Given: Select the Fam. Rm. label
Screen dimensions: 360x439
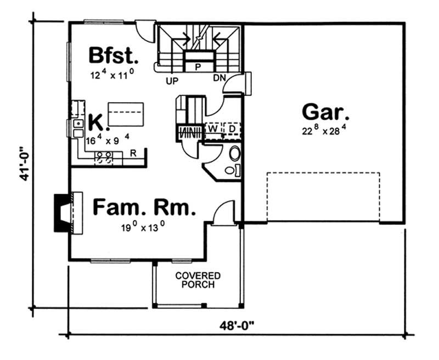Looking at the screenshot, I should (144, 208).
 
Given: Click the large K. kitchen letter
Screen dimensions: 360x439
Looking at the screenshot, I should (95, 121).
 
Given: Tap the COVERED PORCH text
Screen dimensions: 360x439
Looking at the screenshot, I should (198, 280).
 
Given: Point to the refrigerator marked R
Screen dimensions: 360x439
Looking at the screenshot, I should (133, 153).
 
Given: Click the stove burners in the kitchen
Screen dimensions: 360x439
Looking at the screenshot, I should (104, 157).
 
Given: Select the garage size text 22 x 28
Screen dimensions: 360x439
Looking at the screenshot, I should (325, 131).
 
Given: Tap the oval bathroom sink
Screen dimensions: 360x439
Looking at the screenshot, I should (234, 153).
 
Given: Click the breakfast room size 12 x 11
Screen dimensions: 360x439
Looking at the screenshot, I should (112, 75).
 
